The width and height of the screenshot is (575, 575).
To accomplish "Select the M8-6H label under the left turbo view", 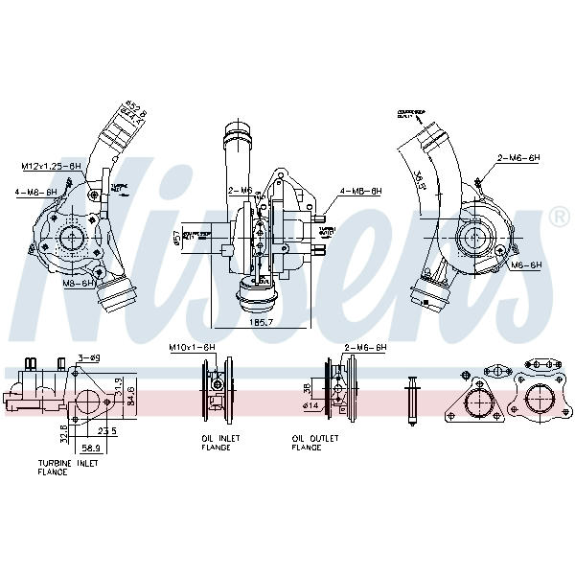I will [x=78, y=284].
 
